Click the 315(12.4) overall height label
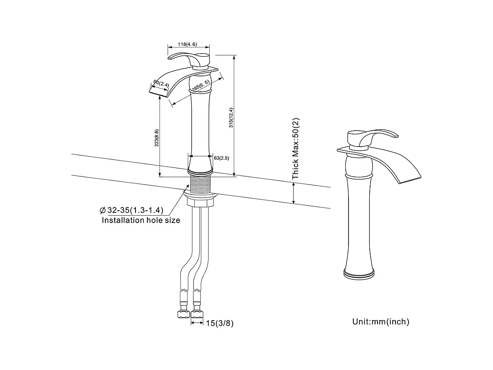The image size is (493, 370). pos(231,118)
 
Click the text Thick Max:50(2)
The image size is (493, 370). pos(296,148)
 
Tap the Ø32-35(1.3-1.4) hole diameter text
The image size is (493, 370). pos(131,210)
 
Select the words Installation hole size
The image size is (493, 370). pos(141,220)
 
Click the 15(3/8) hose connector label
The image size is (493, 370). pos(220,323)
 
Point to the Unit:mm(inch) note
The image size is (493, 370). pos(380,322)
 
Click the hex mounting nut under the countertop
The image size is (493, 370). pos(200,201)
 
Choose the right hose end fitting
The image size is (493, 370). pos(198,314)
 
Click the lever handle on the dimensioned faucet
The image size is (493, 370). pos(190,58)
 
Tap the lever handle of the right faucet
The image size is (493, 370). pos(372,136)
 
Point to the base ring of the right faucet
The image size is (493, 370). pos(359,273)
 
